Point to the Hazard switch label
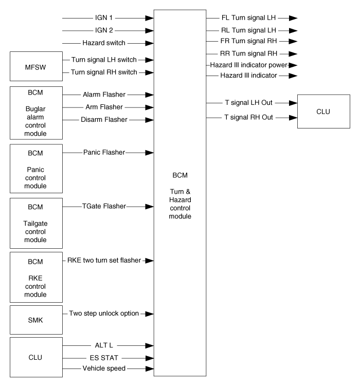click(104, 43)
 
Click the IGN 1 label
click(104, 18)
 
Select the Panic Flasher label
click(104, 152)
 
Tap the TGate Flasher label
click(104, 206)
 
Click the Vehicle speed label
click(104, 368)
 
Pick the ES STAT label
click(104, 358)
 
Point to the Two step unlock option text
click(104, 314)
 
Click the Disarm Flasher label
click(104, 119)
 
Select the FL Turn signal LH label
click(248, 18)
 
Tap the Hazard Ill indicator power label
click(248, 65)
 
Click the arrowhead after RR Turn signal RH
click(293, 53)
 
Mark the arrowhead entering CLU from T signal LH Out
click(293, 103)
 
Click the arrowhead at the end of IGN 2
click(149, 31)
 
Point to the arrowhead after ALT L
click(149, 345)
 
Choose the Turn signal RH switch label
click(104, 72)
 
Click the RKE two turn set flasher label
click(104, 260)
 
